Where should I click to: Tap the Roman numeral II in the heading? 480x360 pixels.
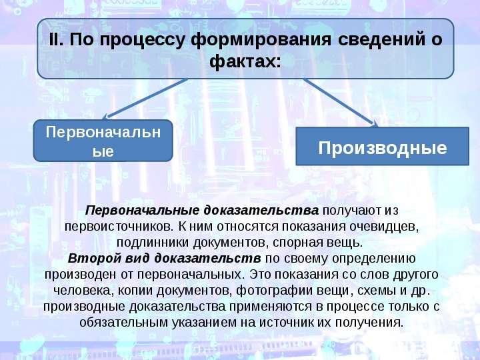[x=56, y=39]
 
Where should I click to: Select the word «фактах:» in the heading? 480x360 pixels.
[x=245, y=61]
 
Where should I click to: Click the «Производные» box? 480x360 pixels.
[x=383, y=146]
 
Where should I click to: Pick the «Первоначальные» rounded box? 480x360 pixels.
[x=103, y=141]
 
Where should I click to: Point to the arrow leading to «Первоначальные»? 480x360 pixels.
[x=145, y=99]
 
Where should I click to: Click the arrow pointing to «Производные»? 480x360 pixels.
[x=341, y=103]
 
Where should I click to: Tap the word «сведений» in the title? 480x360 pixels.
[x=382, y=39]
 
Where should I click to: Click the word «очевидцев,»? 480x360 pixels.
[x=384, y=227]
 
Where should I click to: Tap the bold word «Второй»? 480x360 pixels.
[x=95, y=259]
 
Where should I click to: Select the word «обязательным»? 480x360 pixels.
[x=124, y=323]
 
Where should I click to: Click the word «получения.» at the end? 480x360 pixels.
[x=369, y=323]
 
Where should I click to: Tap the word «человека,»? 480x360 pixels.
[x=83, y=291]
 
